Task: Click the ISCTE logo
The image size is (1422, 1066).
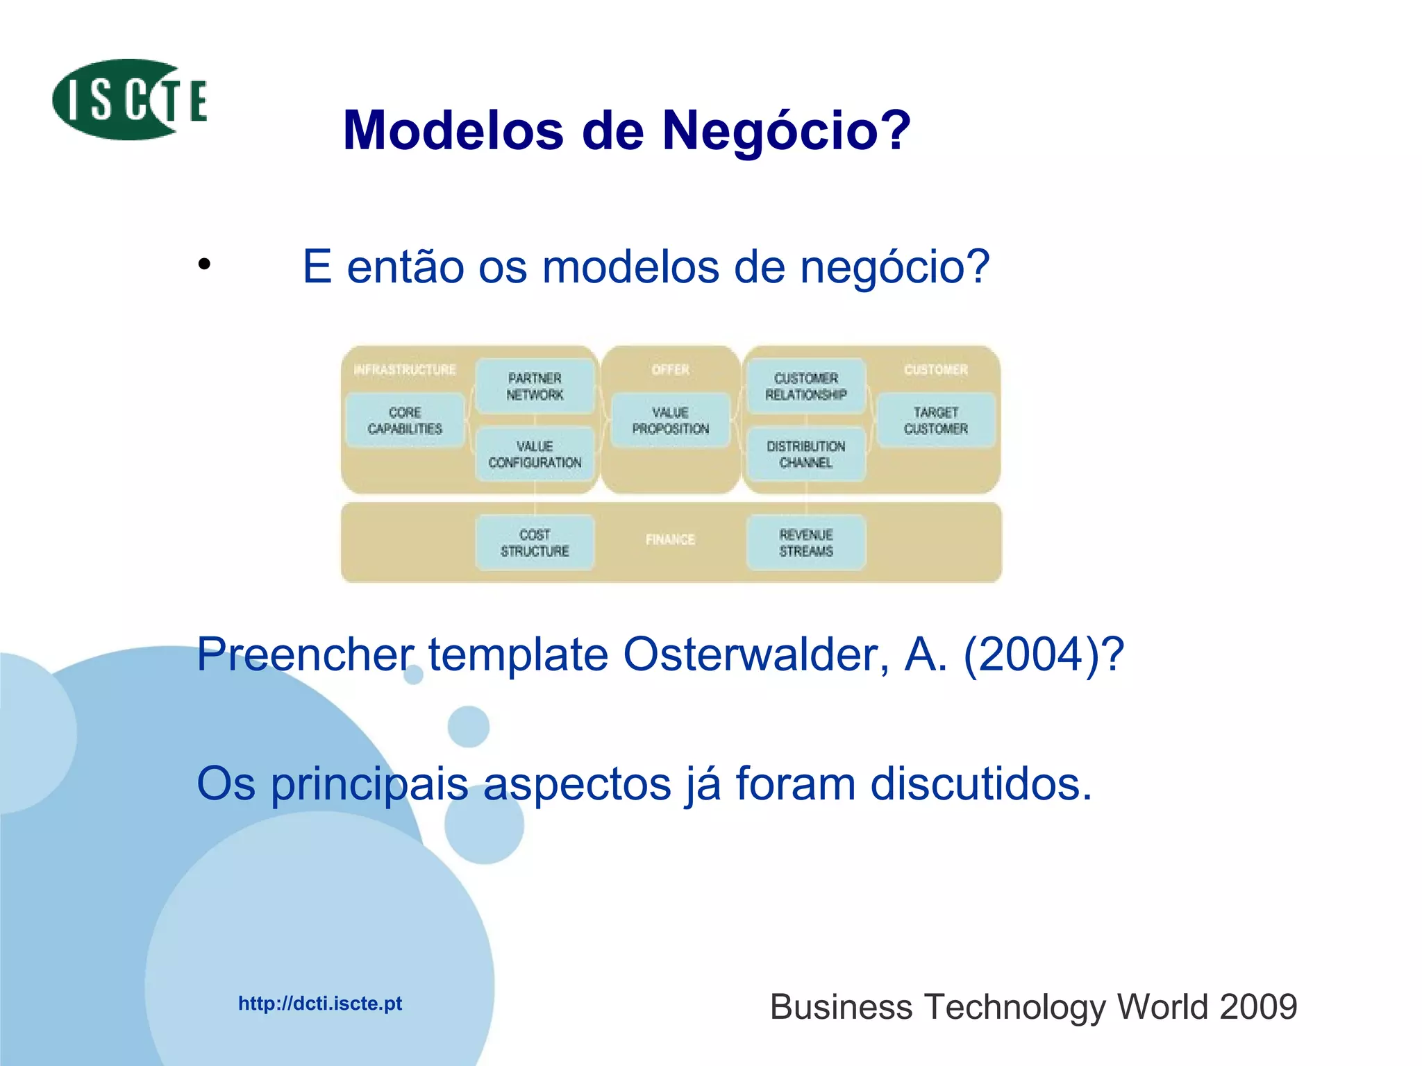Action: (x=129, y=100)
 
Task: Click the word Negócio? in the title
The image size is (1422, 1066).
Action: (x=786, y=130)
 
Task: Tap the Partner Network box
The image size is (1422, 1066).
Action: (x=535, y=387)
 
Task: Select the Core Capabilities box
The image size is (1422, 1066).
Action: (x=405, y=421)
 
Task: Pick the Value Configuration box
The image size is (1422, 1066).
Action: (x=535, y=455)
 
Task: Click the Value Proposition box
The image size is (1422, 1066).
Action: (x=670, y=421)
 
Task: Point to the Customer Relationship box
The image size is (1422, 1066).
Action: (x=805, y=387)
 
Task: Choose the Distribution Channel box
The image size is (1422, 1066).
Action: (x=805, y=455)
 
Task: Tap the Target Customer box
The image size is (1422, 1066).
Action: (x=935, y=421)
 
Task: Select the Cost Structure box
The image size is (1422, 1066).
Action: (x=535, y=543)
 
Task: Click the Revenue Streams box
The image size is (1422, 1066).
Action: (x=805, y=543)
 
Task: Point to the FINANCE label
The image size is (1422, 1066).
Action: (x=670, y=540)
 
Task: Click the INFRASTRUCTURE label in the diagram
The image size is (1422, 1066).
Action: (x=405, y=370)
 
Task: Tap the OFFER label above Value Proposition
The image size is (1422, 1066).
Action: (x=670, y=370)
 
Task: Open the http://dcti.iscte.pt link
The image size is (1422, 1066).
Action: (x=320, y=1004)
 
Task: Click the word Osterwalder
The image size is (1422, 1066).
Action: (x=755, y=654)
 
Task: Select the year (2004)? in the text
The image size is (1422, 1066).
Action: (x=1044, y=654)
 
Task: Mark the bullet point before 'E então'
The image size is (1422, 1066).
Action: (x=203, y=264)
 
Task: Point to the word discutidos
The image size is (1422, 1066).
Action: (x=981, y=784)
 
